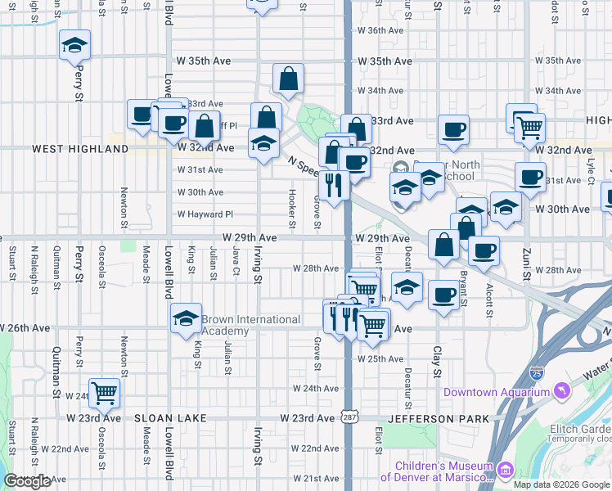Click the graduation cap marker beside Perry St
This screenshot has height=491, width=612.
[x=75, y=46]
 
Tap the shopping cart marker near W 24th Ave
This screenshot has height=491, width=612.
[x=104, y=394]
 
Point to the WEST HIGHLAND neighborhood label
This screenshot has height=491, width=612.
[x=80, y=149]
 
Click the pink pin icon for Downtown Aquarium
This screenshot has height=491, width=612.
[x=560, y=392]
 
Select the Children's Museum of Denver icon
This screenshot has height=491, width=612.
[x=505, y=471]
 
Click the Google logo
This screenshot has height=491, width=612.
[x=27, y=481]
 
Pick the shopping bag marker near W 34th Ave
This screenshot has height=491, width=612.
[x=288, y=79]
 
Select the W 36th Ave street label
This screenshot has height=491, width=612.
[x=380, y=30]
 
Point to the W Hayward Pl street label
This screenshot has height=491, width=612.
[x=205, y=214]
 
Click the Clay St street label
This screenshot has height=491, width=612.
[x=436, y=356]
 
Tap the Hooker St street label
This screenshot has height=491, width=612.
[x=291, y=209]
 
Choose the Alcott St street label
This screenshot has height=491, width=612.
[x=488, y=300]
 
